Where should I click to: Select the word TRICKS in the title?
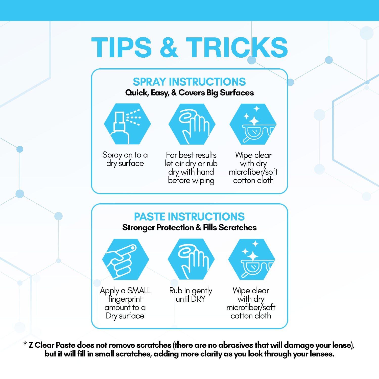pyautogui.click(x=237, y=47)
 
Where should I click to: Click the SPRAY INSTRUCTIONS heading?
pyautogui.click(x=189, y=82)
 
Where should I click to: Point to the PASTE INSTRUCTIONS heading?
pyautogui.click(x=189, y=217)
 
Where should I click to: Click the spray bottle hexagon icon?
pyautogui.click(x=127, y=124)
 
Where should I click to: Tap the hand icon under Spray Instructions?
pyautogui.click(x=192, y=124)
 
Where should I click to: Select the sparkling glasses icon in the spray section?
pyautogui.click(x=253, y=124)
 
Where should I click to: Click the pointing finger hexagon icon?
pyautogui.click(x=126, y=259)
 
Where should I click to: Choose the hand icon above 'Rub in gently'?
pyautogui.click(x=191, y=259)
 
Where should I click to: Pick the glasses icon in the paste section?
pyautogui.click(x=252, y=259)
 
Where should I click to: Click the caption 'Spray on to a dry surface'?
pyautogui.click(x=125, y=159)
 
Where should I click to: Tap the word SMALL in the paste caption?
pyautogui.click(x=139, y=291)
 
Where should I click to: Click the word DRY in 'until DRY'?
pyautogui.click(x=198, y=299)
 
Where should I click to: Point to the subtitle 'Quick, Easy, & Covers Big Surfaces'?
pyautogui.click(x=189, y=93)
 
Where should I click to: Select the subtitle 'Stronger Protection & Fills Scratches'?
pyautogui.click(x=189, y=228)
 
